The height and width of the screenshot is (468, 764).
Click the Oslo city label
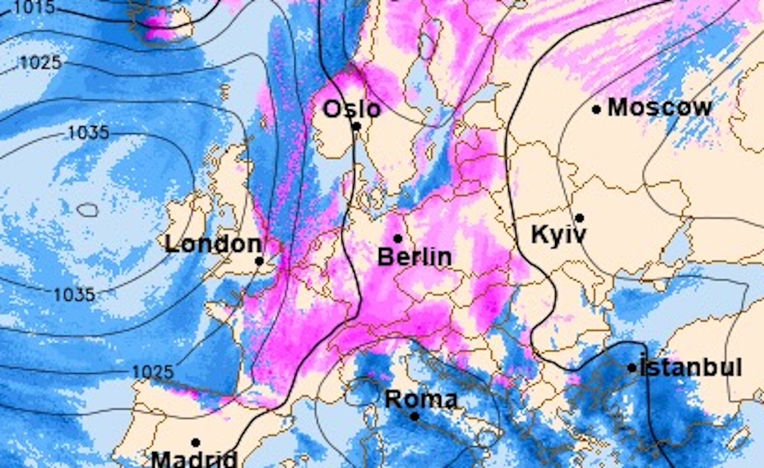tap(352, 109)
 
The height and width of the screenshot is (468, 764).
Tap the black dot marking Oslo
tap(356, 126)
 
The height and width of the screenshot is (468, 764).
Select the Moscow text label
tap(660, 107)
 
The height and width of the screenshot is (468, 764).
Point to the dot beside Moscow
tap(596, 109)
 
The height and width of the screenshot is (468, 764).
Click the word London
tap(212, 244)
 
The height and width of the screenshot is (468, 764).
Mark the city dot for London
tap(259, 261)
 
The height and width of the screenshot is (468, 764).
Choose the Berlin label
tap(415, 257)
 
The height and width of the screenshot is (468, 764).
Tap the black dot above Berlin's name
tap(398, 238)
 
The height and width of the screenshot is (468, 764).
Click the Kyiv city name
tap(558, 235)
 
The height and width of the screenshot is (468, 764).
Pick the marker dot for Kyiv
tap(579, 218)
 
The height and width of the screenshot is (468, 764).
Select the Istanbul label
tap(691, 367)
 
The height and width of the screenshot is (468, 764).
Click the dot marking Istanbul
tap(632, 368)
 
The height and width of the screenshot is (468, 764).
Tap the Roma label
tap(421, 399)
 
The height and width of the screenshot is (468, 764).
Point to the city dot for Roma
tap(415, 416)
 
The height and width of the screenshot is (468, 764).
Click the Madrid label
tap(194, 460)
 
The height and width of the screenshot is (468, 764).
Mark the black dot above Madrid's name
tap(195, 442)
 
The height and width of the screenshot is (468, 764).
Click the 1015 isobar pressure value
tap(33, 7)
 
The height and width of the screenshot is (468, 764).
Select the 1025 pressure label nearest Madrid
tap(152, 372)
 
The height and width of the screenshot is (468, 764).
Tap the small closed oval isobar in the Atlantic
tap(88, 210)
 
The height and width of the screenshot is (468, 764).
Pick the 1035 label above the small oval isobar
tap(88, 132)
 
